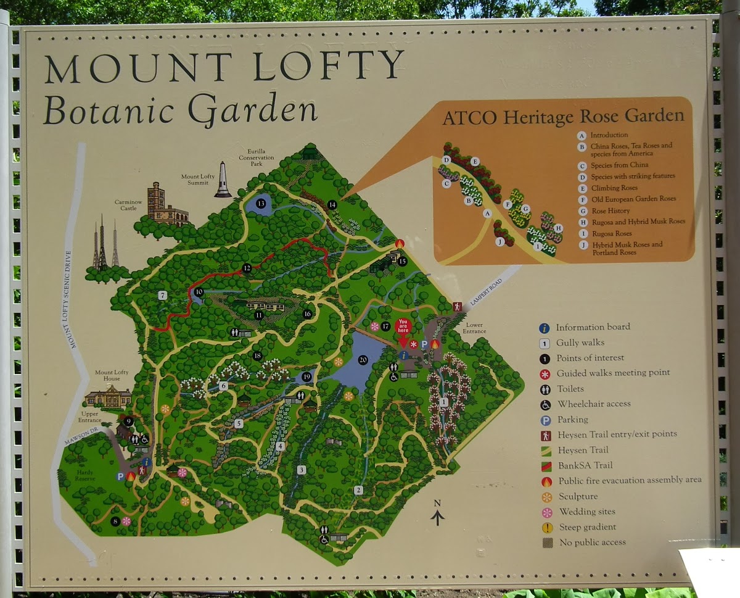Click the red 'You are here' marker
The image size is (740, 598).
click(403, 326)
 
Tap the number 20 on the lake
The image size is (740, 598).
click(363, 360)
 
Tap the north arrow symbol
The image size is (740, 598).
click(437, 513)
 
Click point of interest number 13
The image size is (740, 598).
click(261, 204)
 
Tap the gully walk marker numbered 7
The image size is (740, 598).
click(162, 296)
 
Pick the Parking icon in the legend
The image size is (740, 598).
click(545, 420)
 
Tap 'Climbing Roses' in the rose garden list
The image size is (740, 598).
click(614, 188)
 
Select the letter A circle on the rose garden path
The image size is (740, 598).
click(487, 213)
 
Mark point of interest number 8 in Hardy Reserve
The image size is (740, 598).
click(115, 521)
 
